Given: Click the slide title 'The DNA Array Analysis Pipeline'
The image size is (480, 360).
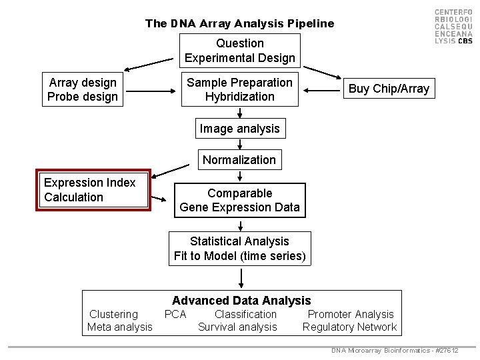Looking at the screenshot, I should [239, 23].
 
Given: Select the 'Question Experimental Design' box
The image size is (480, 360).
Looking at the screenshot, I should [239, 51].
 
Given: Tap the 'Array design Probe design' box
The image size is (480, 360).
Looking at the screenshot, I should [83, 89].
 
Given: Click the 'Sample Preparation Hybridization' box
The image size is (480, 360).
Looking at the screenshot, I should [239, 89].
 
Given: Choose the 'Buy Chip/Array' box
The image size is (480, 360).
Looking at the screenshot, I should [389, 89].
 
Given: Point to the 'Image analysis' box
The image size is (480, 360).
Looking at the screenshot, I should [239, 128].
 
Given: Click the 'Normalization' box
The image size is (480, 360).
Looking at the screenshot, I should [239, 159].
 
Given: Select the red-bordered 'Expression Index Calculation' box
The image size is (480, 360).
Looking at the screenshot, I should [93, 190].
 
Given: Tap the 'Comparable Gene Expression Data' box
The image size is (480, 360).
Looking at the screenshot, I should [239, 200].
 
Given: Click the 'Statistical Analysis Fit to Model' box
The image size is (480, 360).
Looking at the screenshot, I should [239, 249].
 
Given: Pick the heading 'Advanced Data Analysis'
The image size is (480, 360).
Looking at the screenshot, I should [241, 301].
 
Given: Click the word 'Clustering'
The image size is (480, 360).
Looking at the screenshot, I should [113, 314].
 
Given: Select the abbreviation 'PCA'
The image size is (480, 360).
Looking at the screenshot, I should [175, 314].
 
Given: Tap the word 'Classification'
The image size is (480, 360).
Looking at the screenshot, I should [245, 314].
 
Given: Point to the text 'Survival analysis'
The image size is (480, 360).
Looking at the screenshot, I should [237, 327].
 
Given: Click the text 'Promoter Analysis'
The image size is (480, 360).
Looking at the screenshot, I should [351, 314].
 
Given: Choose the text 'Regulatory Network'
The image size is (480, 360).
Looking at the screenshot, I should [349, 327].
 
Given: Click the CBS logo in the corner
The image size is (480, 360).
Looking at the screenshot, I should [453, 27].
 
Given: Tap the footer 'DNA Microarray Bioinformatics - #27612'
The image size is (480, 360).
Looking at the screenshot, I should [395, 351].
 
